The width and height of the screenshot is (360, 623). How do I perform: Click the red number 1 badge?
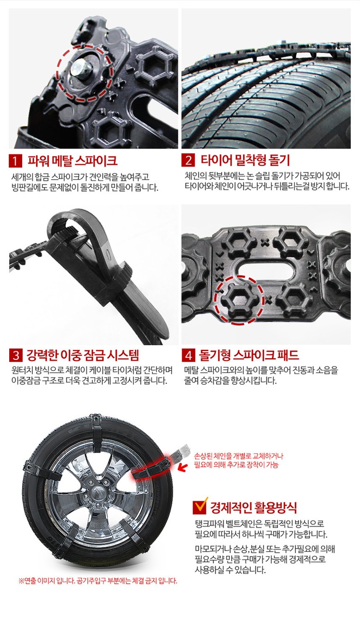point(15,161)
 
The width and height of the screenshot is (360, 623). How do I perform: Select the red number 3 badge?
point(15,355)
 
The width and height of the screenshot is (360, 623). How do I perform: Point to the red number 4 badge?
point(188,355)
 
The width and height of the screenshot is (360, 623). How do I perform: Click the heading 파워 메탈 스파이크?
point(72,161)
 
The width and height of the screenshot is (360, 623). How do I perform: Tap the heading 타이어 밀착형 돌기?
point(245,160)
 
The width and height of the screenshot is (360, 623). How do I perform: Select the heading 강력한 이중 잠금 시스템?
point(83,355)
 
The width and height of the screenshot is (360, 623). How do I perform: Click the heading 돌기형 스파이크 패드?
point(249,355)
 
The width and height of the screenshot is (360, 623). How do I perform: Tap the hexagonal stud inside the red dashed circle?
point(239,300)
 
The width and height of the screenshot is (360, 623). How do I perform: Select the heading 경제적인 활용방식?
point(253,508)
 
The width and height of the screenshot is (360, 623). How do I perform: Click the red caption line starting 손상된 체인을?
point(239,456)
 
